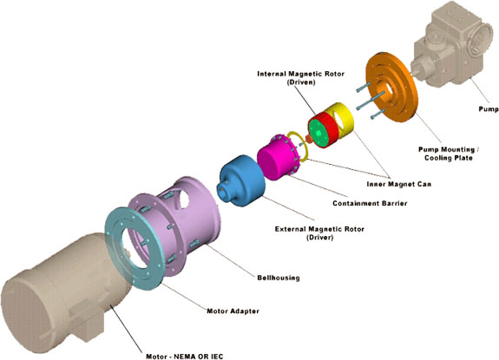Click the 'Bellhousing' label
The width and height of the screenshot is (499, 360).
coord(279,278)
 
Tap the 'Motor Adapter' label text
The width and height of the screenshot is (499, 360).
coord(233,311)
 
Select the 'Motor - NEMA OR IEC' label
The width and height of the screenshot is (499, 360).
coord(185,357)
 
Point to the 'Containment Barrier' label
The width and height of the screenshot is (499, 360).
coord(370,203)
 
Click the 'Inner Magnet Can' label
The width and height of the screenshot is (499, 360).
coord(398,184)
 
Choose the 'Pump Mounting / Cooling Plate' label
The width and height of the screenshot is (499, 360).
coord(449,154)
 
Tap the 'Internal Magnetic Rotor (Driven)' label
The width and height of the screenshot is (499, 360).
coord(301,78)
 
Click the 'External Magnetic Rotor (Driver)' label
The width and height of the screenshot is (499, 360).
coord(319,233)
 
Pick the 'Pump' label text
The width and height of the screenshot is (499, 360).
coord(489,109)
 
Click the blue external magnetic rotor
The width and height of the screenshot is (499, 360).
coord(243,180)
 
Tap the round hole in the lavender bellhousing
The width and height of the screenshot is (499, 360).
coord(184,199)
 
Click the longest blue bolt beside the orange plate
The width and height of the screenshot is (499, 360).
coord(371,100)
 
